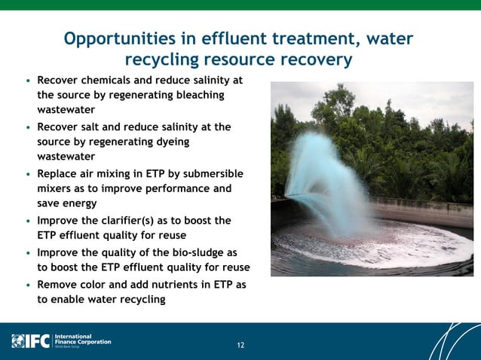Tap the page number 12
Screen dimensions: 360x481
240,346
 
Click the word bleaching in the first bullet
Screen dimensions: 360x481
197,95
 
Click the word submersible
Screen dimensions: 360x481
213,173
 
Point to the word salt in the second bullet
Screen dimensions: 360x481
93,127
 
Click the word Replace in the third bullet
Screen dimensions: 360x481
59,173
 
